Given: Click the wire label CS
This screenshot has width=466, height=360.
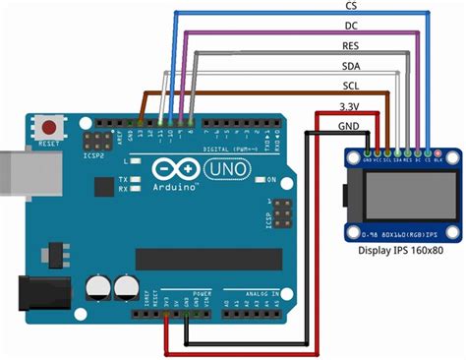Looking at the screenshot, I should [350, 6].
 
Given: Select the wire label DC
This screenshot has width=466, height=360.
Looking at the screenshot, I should [350, 26].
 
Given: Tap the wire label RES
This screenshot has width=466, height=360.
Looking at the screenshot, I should [350, 46].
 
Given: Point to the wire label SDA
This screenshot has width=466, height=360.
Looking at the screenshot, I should [350, 67].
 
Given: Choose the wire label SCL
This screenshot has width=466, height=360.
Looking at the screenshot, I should [350, 87].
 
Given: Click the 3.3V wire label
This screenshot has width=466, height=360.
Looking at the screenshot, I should [349, 106].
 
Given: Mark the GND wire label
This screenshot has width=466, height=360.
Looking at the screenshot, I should [349, 126].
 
